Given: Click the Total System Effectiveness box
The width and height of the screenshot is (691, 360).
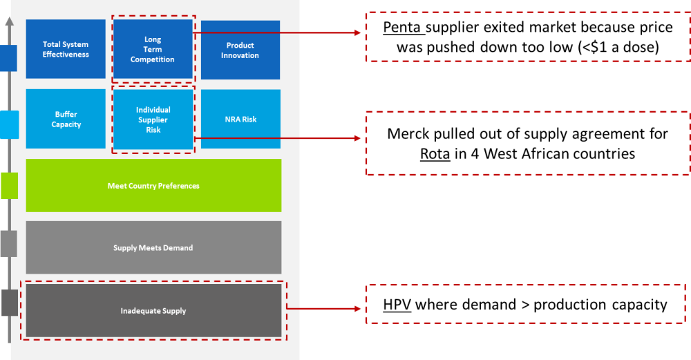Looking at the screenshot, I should [66, 49].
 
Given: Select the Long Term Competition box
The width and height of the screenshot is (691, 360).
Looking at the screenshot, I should [153, 49].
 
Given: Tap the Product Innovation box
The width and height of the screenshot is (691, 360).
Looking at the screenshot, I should [240, 50].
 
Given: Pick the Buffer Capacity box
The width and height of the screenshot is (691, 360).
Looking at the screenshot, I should [66, 119].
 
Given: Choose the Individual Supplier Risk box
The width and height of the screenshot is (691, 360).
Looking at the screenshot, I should [153, 120].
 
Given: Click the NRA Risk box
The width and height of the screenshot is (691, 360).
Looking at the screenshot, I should [240, 119].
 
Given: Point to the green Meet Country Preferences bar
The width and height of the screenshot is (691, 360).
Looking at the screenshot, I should [153, 186].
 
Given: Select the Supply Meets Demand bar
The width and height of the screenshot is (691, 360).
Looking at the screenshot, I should [153, 247].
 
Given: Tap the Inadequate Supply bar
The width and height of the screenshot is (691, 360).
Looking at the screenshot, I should [153, 311].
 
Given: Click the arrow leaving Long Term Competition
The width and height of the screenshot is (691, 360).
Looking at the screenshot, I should [276, 32].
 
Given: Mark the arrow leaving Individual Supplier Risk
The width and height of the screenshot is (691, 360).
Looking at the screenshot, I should [276, 138].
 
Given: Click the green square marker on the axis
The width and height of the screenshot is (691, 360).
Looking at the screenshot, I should [9, 185].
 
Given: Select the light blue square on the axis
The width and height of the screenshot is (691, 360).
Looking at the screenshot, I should [9, 124].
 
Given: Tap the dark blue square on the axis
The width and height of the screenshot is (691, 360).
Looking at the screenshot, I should [8, 58].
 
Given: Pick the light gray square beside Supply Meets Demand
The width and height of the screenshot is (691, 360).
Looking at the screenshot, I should [8, 243].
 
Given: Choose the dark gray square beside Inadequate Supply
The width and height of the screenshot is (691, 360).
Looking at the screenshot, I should [9, 303].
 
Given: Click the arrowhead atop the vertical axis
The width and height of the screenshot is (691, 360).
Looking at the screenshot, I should [9, 21].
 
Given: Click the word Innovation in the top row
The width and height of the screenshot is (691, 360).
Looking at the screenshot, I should [240, 55].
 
